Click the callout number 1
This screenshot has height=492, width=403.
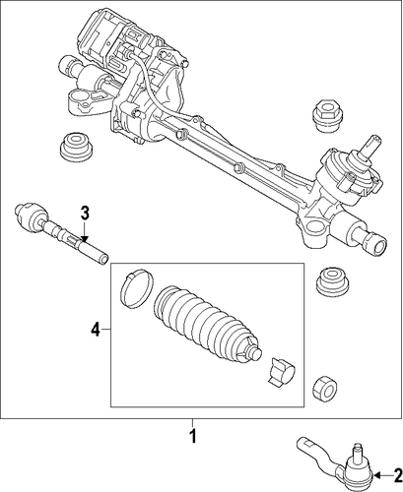[193, 436]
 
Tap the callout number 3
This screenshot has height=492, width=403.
[85, 214]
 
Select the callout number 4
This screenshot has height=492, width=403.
[96, 329]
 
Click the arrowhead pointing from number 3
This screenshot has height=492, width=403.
[85, 239]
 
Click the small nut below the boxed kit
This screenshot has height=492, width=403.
[325, 387]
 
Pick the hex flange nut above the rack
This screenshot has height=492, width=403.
[326, 116]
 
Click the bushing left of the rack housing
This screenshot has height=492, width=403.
[76, 149]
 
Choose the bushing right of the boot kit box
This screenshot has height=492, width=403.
[333, 282]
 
